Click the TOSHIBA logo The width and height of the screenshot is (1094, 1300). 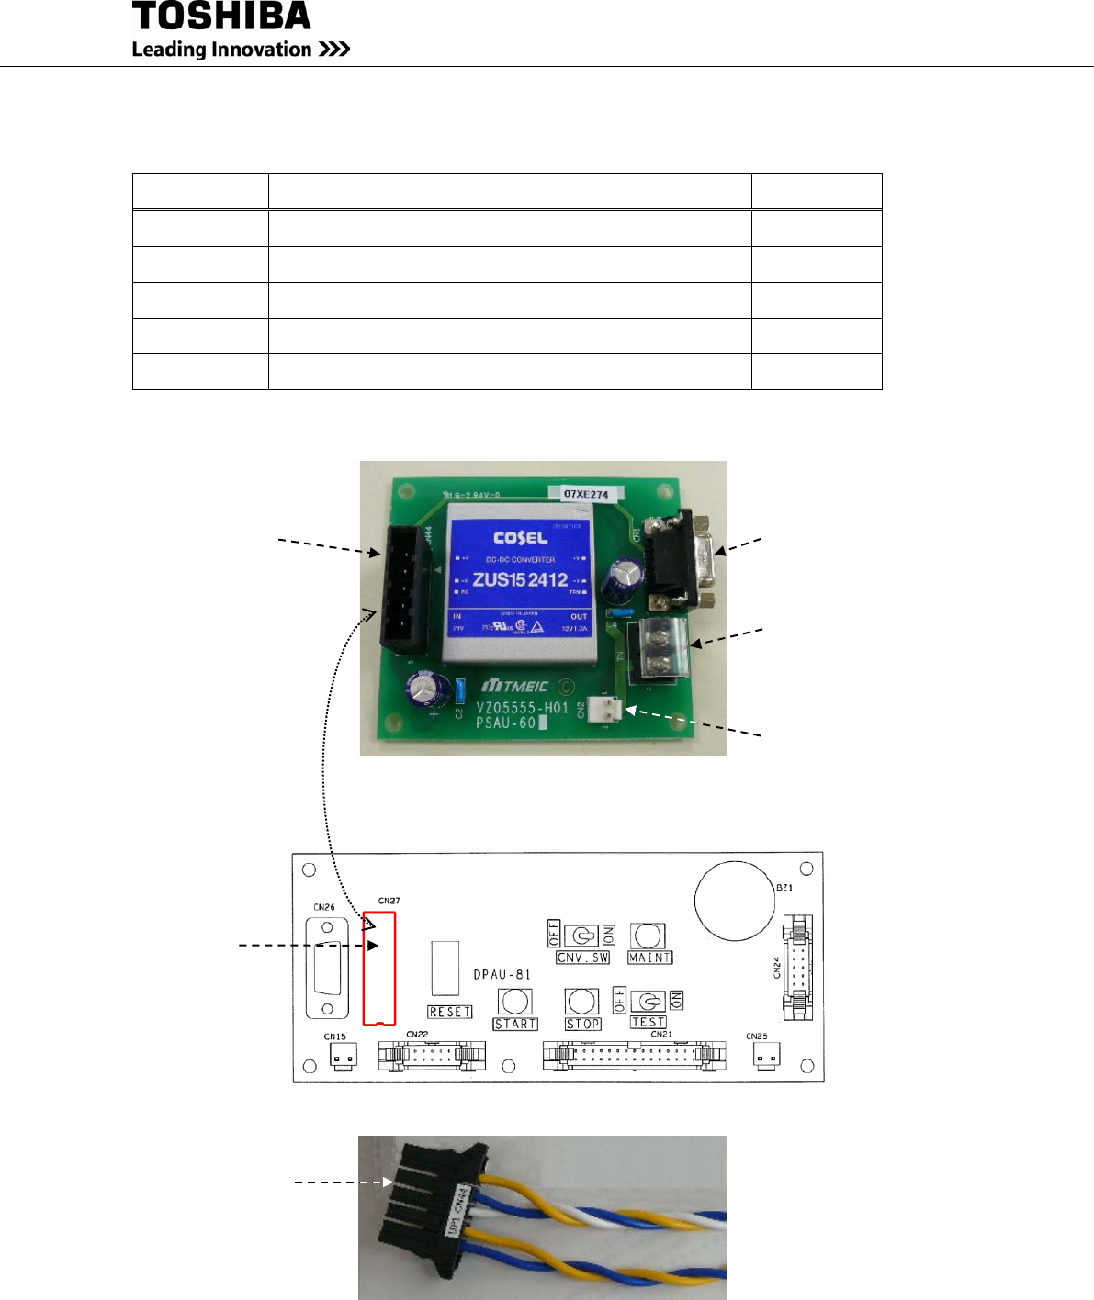221,17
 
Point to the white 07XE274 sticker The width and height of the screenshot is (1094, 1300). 586,494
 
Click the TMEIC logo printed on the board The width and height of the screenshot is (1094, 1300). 516,686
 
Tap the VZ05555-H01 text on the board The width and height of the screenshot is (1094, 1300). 522,708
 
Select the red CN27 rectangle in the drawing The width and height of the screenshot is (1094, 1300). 379,968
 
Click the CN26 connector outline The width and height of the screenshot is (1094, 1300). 327,967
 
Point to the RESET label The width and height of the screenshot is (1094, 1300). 450,1012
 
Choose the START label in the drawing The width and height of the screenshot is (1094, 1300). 515,1024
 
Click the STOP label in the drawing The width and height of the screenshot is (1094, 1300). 582,1024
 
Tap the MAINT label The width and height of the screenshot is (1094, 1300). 649,958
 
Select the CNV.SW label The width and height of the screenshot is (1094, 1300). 583,958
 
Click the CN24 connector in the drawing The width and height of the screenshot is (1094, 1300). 798,968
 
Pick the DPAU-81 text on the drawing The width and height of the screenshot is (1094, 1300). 502,974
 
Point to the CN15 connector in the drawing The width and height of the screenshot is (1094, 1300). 343,1058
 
